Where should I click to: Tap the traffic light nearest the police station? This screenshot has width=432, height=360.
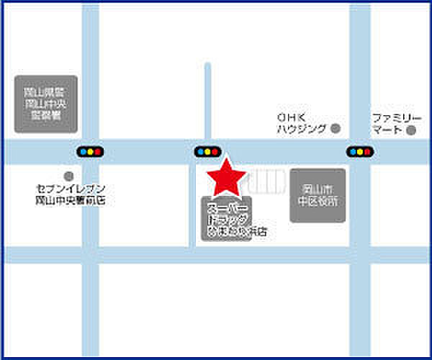click(x=90, y=152)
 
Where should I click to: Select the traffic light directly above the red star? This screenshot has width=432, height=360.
click(x=207, y=152)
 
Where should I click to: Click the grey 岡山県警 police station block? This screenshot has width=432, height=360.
click(x=45, y=104)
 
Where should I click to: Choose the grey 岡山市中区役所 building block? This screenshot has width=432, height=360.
click(x=318, y=195)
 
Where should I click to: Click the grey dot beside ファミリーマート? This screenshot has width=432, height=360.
click(x=410, y=130)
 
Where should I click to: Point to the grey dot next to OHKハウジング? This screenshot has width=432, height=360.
click(x=335, y=129)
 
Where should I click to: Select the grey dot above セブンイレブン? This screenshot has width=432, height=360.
click(x=68, y=176)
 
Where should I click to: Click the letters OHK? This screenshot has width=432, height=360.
click(x=291, y=117)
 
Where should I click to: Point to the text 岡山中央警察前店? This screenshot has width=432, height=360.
click(x=71, y=200)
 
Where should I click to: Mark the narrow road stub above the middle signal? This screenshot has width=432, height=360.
click(x=207, y=101)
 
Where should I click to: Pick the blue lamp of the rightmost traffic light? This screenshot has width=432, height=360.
click(x=351, y=152)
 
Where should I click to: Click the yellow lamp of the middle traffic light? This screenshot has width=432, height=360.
click(x=207, y=152)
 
